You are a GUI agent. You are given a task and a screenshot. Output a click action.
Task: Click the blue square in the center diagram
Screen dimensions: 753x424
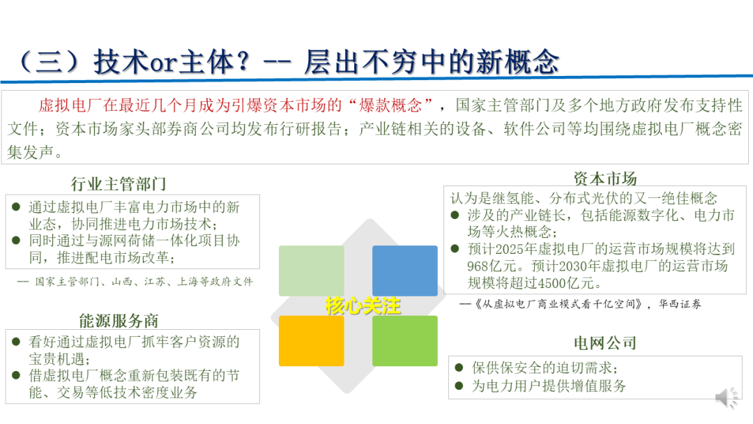pyautogui.click(x=405, y=271)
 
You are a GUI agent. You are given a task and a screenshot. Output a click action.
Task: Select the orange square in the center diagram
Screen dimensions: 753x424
pyautogui.click(x=312, y=341)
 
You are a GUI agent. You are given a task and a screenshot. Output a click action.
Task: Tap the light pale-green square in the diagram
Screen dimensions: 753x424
pyautogui.click(x=312, y=271)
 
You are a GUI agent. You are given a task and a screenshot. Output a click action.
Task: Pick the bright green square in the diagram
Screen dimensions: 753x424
pyautogui.click(x=405, y=341)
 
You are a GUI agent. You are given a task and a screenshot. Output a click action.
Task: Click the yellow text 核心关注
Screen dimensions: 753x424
pyautogui.click(x=363, y=306)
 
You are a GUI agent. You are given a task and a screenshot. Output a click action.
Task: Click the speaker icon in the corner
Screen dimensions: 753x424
pyautogui.click(x=727, y=397)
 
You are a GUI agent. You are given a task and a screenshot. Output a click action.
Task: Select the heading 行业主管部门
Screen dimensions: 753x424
pyautogui.click(x=119, y=184)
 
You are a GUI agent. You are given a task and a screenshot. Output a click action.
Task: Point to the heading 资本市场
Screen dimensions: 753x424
pyautogui.click(x=605, y=179)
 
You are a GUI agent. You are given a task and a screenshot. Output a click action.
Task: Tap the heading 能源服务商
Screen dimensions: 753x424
pyautogui.click(x=119, y=321)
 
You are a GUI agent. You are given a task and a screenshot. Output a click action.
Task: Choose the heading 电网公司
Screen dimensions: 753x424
pyautogui.click(x=605, y=343)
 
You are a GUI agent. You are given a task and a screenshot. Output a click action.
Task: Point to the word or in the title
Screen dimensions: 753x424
pyautogui.click(x=164, y=63)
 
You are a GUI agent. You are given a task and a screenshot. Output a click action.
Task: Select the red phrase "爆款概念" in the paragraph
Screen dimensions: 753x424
pyautogui.click(x=390, y=105)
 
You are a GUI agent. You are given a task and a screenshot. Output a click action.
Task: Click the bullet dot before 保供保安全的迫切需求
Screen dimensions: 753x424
pyautogui.click(x=459, y=368)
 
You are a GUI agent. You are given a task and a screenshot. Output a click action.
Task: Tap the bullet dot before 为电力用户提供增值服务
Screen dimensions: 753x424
pyautogui.click(x=459, y=386)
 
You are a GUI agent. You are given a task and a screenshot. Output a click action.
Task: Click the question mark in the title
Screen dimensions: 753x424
pyautogui.click(x=243, y=62)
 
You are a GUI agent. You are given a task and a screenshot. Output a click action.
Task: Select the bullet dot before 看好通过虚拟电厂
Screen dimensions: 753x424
pyautogui.click(x=16, y=342)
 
